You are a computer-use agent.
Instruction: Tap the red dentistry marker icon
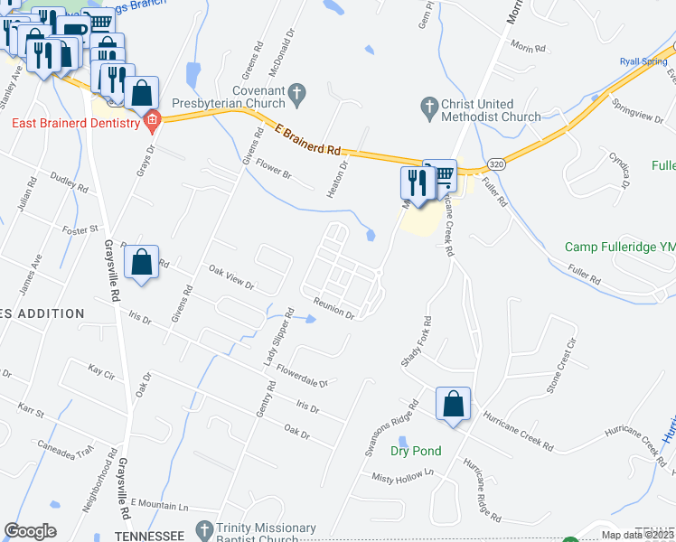coord(152,122)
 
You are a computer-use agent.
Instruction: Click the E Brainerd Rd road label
coord(307,142)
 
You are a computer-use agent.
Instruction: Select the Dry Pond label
coord(416,451)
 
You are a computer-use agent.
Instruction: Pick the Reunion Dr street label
coord(333,307)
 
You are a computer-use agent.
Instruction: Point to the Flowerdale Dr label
coord(301,376)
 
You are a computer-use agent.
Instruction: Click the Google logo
coord(31,531)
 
